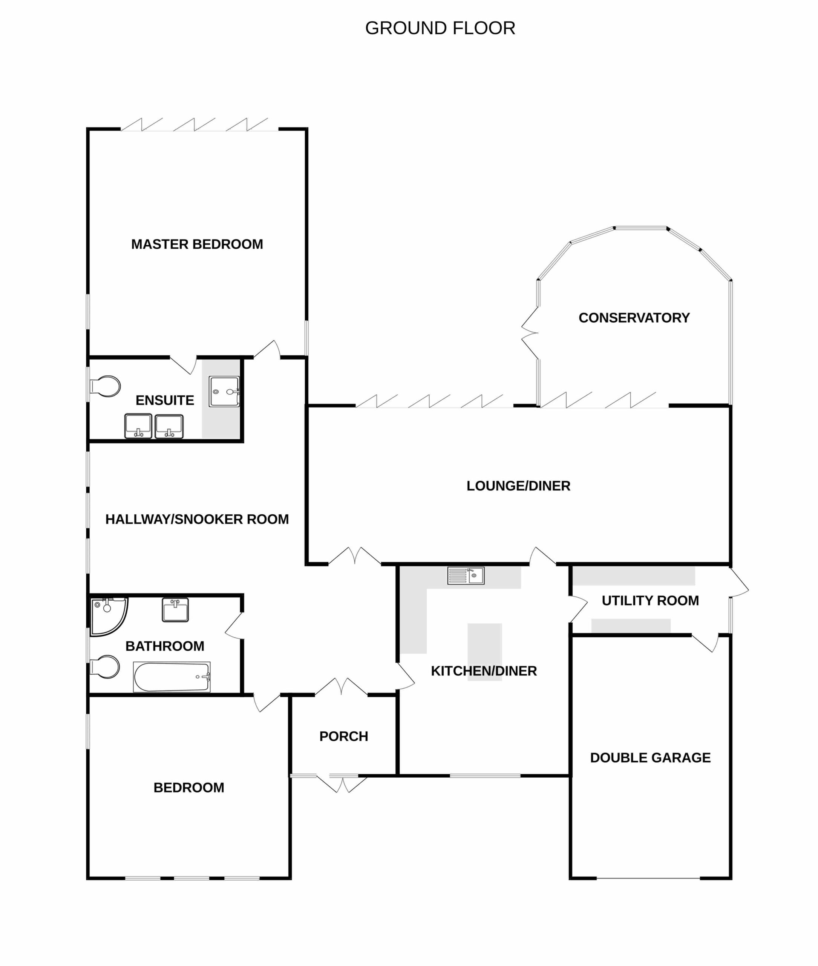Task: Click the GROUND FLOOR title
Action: (x=440, y=28)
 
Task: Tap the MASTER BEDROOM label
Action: (x=197, y=244)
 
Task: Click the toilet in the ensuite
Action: (x=105, y=386)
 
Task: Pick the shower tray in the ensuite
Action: (x=224, y=391)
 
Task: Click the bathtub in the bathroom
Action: (x=172, y=677)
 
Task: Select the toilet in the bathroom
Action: (x=105, y=667)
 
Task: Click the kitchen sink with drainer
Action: (x=466, y=575)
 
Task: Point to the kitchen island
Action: (x=485, y=652)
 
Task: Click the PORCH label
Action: (x=344, y=736)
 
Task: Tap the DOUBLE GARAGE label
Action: (x=650, y=758)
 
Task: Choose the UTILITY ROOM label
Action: (x=650, y=600)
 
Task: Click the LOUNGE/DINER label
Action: (x=518, y=486)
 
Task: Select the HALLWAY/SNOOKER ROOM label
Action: (x=197, y=519)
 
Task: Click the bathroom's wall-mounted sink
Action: (x=175, y=610)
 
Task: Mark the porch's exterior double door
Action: (x=342, y=784)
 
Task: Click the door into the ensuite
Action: (x=183, y=365)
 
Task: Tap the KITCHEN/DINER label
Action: (x=484, y=671)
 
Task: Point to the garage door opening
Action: (x=648, y=878)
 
